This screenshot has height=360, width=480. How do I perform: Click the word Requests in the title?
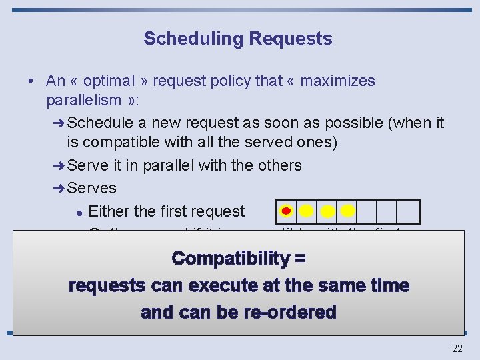coord(291,39)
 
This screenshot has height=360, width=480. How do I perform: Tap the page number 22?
coord(457,348)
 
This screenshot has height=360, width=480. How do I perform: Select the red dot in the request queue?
coord(286,211)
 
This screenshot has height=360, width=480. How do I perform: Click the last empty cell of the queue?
coord(408,211)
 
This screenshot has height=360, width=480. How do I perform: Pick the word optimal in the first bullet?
coord(111,81)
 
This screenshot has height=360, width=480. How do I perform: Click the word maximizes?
coord(337,81)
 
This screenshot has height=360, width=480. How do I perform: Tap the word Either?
coord(109,212)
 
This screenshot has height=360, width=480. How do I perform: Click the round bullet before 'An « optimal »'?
coord(31,81)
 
